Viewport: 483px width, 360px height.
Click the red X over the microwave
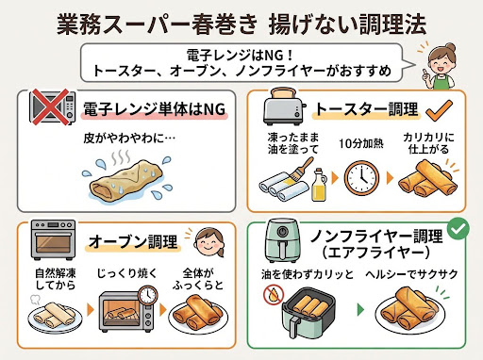point(50,106)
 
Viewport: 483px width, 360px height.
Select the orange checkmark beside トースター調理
point(440,110)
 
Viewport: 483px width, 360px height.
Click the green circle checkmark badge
point(458,228)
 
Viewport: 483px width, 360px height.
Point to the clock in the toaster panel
point(361,178)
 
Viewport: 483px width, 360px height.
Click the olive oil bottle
point(319,185)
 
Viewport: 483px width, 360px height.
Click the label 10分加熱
point(361,143)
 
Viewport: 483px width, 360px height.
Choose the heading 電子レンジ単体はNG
point(154,109)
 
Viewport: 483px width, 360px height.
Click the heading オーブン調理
point(133,242)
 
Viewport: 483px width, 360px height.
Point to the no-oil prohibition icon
point(274,295)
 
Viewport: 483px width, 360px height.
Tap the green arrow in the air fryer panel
point(361,310)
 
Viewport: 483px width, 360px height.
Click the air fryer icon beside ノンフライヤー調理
point(282,241)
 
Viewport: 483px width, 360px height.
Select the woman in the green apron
point(441,67)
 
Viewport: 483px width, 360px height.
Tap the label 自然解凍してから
point(56,279)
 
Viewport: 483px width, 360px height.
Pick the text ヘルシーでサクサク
point(411,274)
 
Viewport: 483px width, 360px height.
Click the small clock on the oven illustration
point(147,295)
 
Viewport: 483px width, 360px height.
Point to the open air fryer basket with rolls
point(308,314)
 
